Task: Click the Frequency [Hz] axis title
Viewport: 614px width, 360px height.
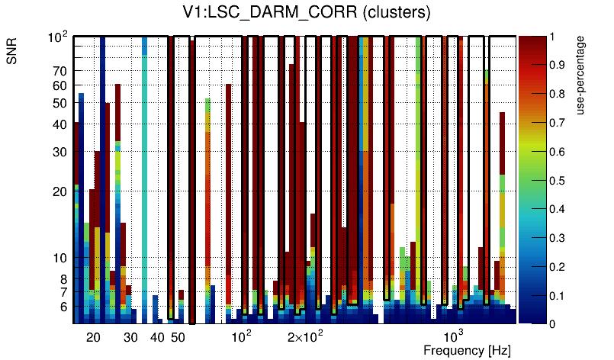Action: pos(467,350)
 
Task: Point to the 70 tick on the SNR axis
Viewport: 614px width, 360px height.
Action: pos(59,71)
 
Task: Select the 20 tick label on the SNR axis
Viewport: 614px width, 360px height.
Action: pos(59,191)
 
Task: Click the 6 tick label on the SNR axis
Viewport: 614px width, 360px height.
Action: pos(63,307)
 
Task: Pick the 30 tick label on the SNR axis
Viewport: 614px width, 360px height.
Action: pos(59,152)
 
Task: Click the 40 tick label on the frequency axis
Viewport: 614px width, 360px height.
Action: pos(157,337)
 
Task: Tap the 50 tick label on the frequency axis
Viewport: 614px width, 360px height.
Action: pos(178,337)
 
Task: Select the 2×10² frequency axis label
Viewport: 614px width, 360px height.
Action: pos(305,336)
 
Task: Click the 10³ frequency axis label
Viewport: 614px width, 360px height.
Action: pos(454,336)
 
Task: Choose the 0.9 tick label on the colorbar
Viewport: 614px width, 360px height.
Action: pos(558,65)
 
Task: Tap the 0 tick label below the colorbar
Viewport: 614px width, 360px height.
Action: pos(552,324)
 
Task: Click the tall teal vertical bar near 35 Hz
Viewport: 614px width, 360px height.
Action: pos(145,175)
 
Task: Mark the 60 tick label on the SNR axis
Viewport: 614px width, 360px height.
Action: pos(59,86)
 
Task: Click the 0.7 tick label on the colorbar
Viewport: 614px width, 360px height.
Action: pos(558,123)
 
